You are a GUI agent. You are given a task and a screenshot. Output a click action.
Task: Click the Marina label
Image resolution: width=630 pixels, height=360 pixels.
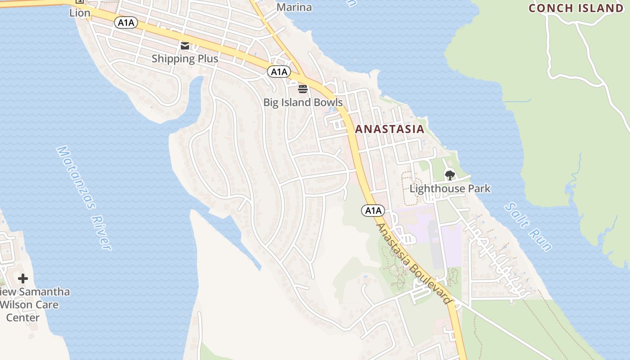click(294, 7)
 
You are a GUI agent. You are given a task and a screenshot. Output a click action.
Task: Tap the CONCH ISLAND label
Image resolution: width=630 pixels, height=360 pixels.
click(576, 8)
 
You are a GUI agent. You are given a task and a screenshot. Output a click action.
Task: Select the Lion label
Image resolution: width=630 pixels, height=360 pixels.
click(80, 13)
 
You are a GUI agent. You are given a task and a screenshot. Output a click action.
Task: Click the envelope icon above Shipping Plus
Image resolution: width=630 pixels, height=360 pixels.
click(185, 45)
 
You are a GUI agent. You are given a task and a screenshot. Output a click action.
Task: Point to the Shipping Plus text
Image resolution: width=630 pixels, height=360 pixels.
click(185, 58)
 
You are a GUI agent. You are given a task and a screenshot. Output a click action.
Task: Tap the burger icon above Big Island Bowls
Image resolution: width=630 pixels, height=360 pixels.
click(302, 89)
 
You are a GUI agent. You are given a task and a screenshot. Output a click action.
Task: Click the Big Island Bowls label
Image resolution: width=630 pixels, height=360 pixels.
click(303, 102)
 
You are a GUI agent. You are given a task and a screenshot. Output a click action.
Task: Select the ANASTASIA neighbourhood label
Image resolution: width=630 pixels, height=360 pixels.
click(389, 129)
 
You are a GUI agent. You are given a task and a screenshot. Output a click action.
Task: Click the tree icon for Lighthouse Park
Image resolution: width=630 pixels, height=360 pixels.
click(450, 175)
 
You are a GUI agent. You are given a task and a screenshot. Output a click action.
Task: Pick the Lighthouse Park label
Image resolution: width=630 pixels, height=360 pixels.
click(450, 189)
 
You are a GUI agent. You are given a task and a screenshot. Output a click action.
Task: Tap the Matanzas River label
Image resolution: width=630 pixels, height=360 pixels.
click(84, 198)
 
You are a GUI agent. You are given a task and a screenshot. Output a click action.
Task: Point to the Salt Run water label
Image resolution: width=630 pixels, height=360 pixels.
click(528, 227)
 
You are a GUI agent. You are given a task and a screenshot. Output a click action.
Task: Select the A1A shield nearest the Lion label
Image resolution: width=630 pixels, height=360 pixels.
click(126, 22)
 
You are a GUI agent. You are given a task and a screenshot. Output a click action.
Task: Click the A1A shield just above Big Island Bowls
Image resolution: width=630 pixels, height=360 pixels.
click(279, 72)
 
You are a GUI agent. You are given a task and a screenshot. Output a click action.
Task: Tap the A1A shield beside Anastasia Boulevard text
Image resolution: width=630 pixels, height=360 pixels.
click(373, 210)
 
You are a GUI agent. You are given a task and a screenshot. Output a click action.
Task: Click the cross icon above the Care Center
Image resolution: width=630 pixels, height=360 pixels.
click(23, 279)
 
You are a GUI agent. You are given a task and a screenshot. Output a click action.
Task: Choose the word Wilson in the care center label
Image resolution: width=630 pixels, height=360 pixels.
click(29, 305)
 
